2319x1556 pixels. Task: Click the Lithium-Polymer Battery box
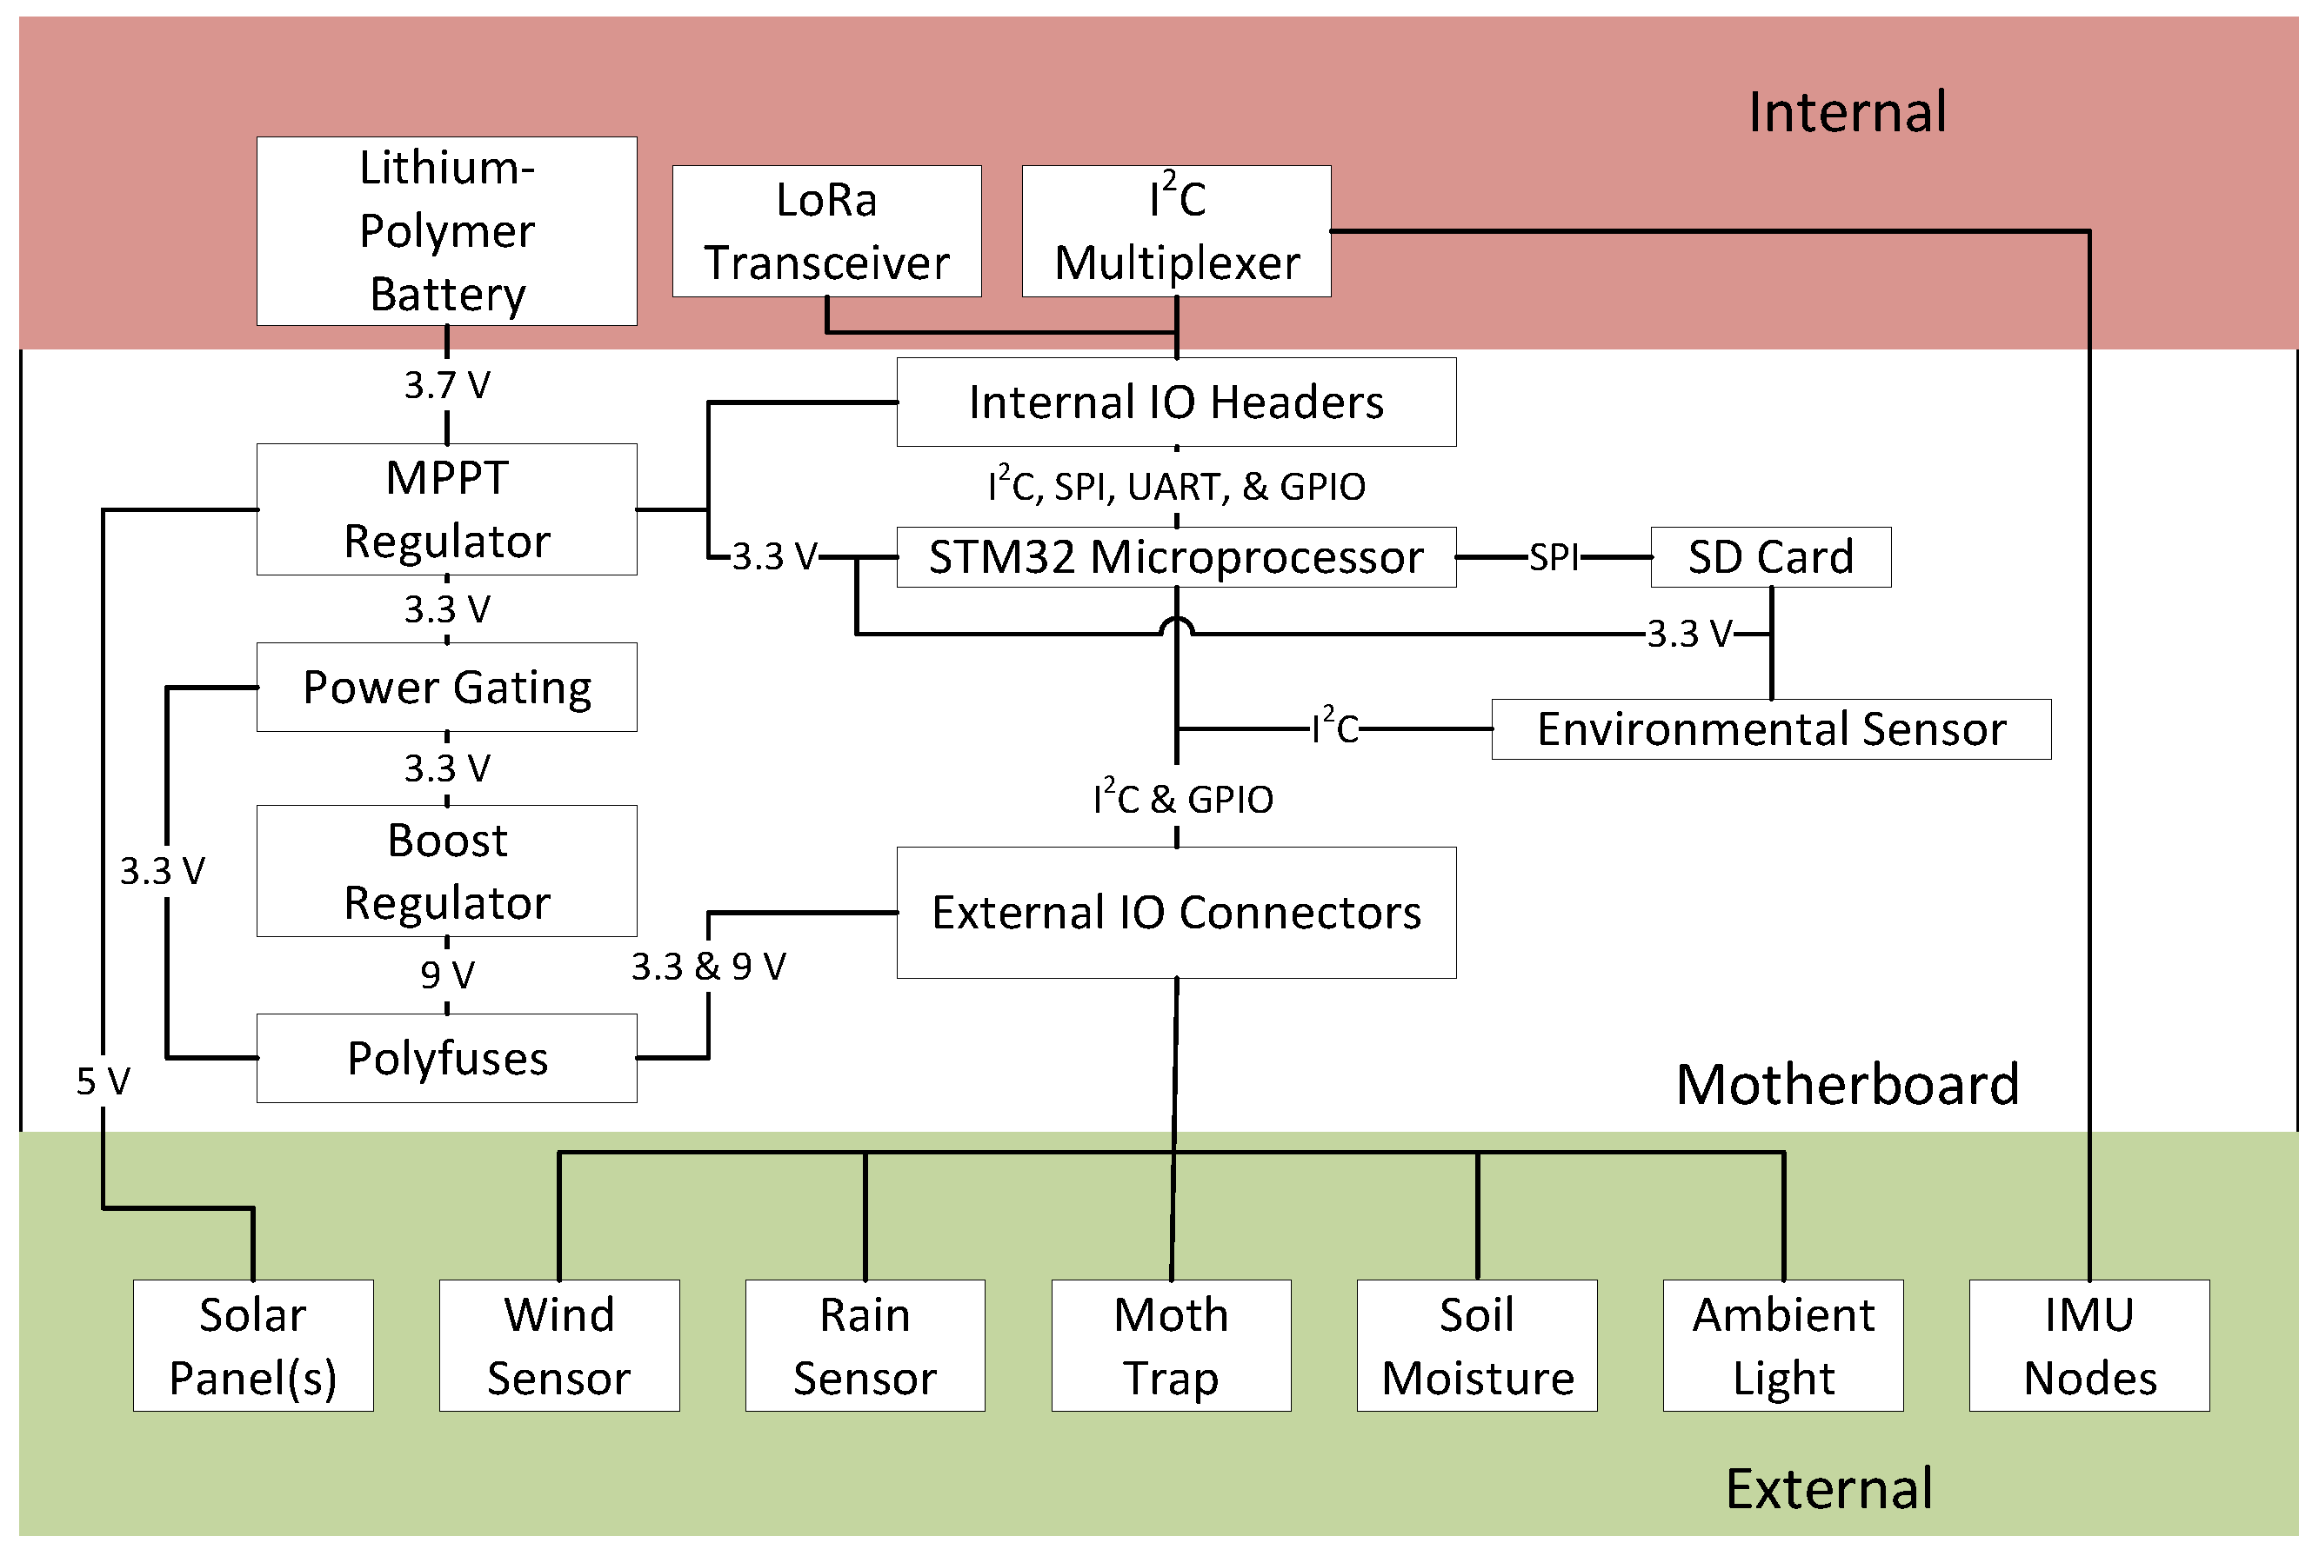click(x=447, y=230)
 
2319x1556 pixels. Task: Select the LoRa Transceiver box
click(x=827, y=231)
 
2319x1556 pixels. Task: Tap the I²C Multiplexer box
click(x=1176, y=231)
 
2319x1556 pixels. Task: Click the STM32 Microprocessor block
click(x=1176, y=556)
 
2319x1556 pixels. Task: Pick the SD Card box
click(x=1771, y=556)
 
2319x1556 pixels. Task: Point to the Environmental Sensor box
click(x=1771, y=729)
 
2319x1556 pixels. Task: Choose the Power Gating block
click(x=447, y=687)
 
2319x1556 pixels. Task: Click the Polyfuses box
click(x=447, y=1058)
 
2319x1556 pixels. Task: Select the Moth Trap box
click(x=1172, y=1346)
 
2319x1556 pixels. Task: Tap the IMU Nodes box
click(x=2089, y=1346)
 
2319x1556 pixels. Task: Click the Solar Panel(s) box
click(x=253, y=1346)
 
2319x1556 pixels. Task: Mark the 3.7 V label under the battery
click(x=447, y=385)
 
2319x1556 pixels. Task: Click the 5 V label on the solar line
click(x=104, y=1081)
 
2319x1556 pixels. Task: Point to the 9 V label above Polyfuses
click(x=447, y=974)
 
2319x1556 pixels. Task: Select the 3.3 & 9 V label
click(x=709, y=966)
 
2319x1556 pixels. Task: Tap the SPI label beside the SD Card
click(x=1554, y=556)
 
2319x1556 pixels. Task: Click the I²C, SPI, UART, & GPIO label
click(x=1176, y=486)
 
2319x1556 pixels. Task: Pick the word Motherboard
click(x=1848, y=1084)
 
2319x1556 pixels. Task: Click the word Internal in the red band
click(x=1848, y=111)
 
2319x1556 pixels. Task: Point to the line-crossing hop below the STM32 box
click(x=1176, y=626)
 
